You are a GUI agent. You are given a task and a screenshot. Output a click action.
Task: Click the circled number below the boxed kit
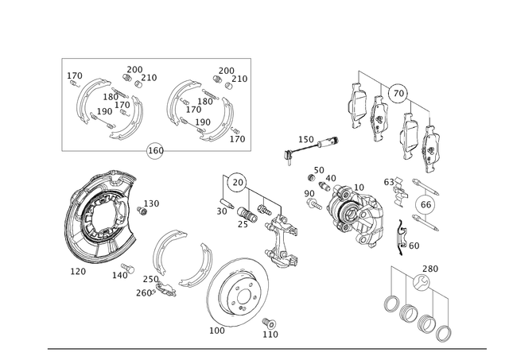pos(154,149)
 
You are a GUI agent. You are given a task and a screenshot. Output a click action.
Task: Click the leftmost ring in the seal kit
pos(391,303)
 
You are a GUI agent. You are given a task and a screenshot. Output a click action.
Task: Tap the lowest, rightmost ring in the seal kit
pos(443,331)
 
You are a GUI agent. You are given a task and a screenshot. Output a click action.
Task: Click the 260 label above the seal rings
pos(429,266)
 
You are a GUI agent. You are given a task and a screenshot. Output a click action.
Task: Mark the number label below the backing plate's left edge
pos(79,270)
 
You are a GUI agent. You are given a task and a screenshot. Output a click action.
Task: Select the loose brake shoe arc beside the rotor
pos(179,258)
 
